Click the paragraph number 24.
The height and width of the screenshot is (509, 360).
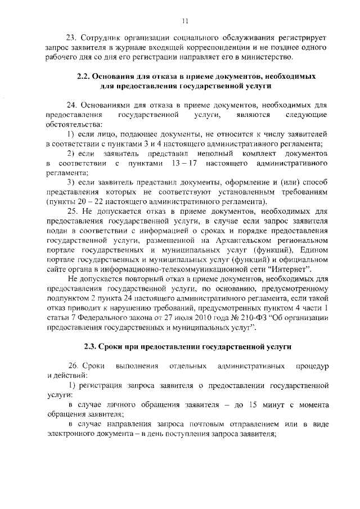(x=72, y=105)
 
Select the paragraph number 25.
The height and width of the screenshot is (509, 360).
(x=72, y=211)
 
